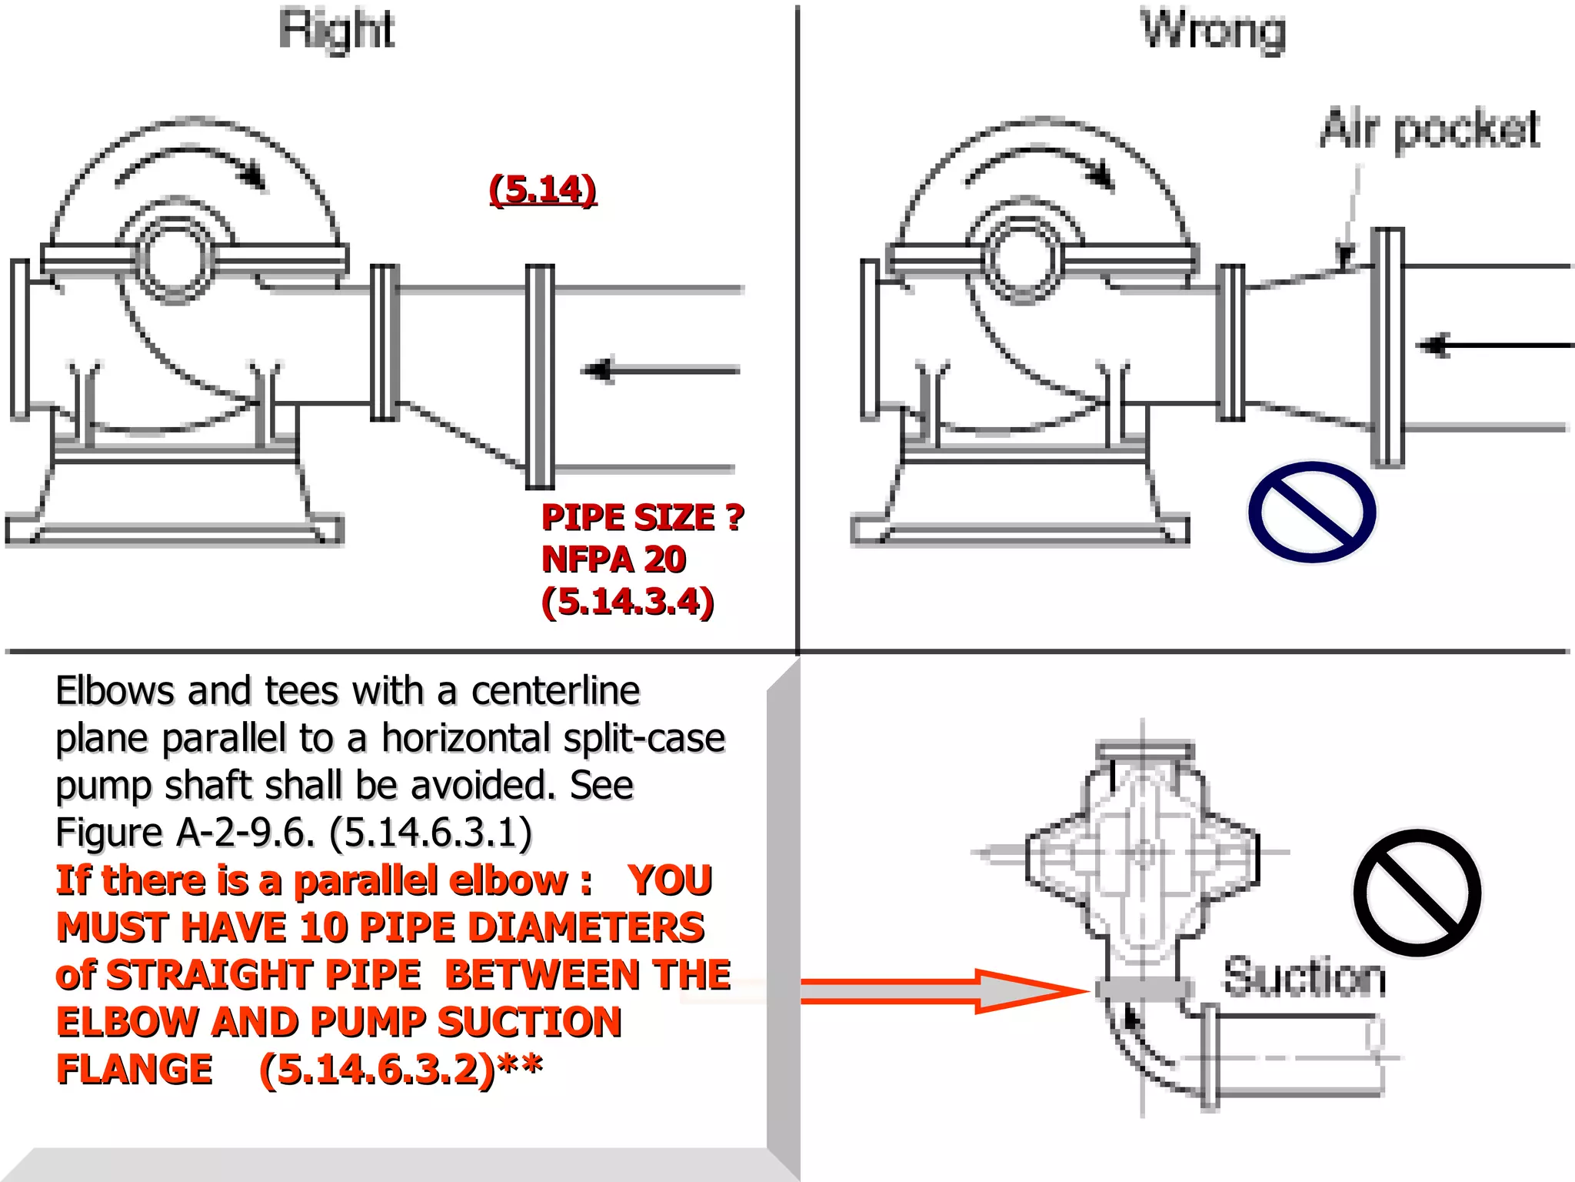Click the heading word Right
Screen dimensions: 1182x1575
point(336,31)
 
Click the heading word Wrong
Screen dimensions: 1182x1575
point(1213,31)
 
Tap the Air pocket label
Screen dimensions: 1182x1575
point(1430,129)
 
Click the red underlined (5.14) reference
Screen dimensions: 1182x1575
point(543,189)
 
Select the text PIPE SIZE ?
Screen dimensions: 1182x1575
point(643,517)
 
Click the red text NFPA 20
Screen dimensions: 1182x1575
point(614,559)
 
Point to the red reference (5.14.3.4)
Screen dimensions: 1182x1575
point(628,602)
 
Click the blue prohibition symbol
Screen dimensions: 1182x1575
point(1312,513)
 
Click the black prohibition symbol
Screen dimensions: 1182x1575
point(1417,893)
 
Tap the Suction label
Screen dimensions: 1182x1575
point(1304,977)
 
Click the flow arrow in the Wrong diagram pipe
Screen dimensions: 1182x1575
point(1492,346)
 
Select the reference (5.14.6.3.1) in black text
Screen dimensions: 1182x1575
point(431,833)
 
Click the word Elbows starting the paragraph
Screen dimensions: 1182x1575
point(115,691)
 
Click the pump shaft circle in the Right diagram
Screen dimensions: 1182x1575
point(177,259)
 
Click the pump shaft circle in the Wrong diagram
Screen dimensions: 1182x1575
point(1024,259)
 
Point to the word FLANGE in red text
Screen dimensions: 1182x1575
point(135,1069)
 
